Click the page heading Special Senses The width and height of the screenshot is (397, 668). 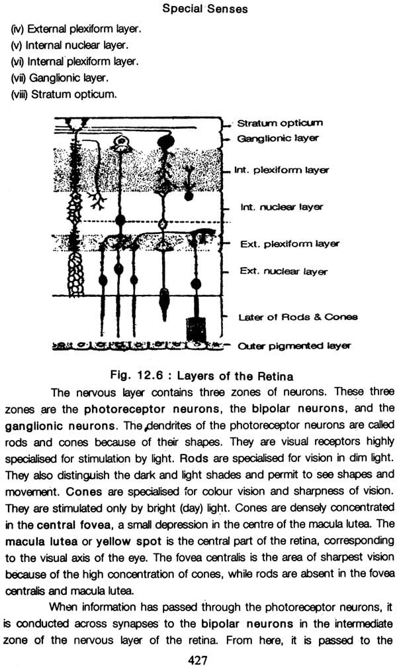click(x=204, y=9)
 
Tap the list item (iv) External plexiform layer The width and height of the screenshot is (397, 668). click(x=75, y=29)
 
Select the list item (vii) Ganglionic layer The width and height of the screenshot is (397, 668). click(x=60, y=78)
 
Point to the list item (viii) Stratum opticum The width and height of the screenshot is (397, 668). click(x=64, y=94)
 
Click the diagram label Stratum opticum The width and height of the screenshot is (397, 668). click(x=280, y=123)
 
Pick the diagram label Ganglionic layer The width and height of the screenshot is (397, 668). click(x=277, y=139)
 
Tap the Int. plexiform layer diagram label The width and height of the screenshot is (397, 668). click(x=281, y=170)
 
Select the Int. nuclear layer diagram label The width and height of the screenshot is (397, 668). click(x=281, y=207)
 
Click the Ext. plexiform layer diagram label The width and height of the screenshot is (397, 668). click(x=289, y=244)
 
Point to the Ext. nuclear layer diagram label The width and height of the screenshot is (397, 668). click(x=283, y=272)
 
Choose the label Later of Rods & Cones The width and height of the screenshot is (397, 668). click(x=298, y=317)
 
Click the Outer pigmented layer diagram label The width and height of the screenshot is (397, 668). click(x=294, y=346)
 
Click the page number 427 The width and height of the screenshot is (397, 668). click(x=198, y=660)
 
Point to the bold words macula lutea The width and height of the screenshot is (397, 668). click(x=41, y=542)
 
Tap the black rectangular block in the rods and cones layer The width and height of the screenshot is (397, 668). click(x=196, y=329)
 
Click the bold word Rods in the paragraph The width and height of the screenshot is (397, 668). click(x=195, y=459)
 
